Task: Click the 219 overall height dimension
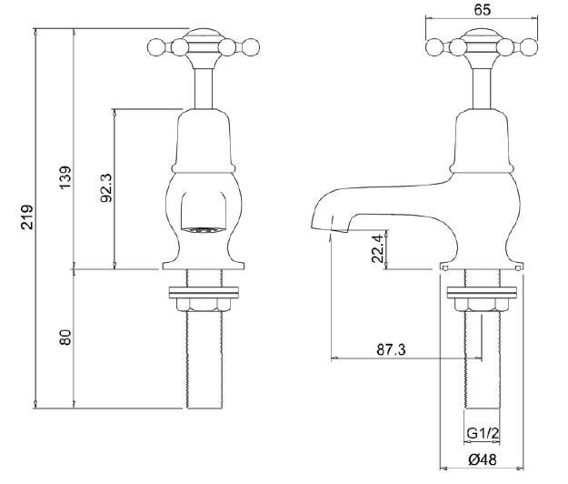(x=27, y=217)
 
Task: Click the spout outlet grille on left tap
(x=201, y=228)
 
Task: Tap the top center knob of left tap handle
(x=202, y=38)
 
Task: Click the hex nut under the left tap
(x=202, y=307)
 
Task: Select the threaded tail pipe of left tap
(x=202, y=364)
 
